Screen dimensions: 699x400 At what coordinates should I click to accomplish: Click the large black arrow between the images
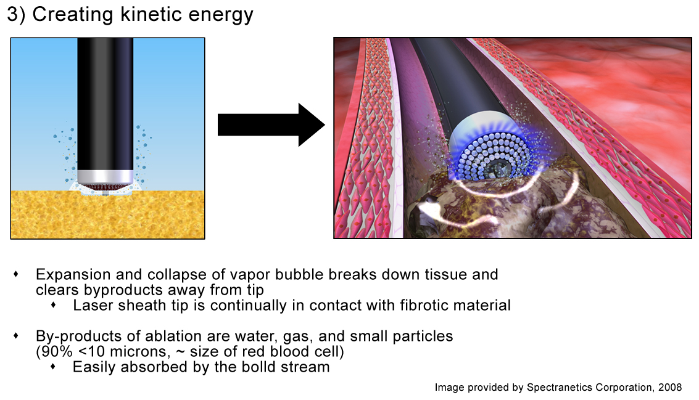tap(271, 124)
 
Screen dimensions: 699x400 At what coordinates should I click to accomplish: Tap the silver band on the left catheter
tap(105, 177)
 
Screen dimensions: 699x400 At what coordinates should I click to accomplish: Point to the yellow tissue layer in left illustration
tap(107, 214)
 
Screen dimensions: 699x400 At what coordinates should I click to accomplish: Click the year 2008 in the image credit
tap(670, 387)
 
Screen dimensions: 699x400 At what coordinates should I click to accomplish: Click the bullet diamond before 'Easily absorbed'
tap(54, 367)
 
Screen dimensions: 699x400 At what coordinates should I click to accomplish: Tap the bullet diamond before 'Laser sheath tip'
tap(54, 305)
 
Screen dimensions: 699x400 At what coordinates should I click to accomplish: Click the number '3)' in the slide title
tap(16, 14)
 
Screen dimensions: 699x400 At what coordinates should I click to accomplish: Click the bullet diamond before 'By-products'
tap(16, 335)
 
